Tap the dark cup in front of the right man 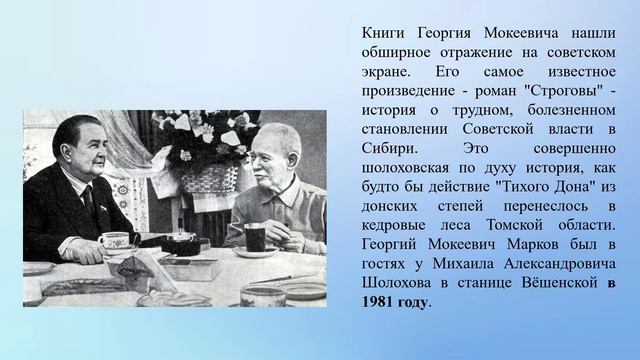click(x=253, y=238)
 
